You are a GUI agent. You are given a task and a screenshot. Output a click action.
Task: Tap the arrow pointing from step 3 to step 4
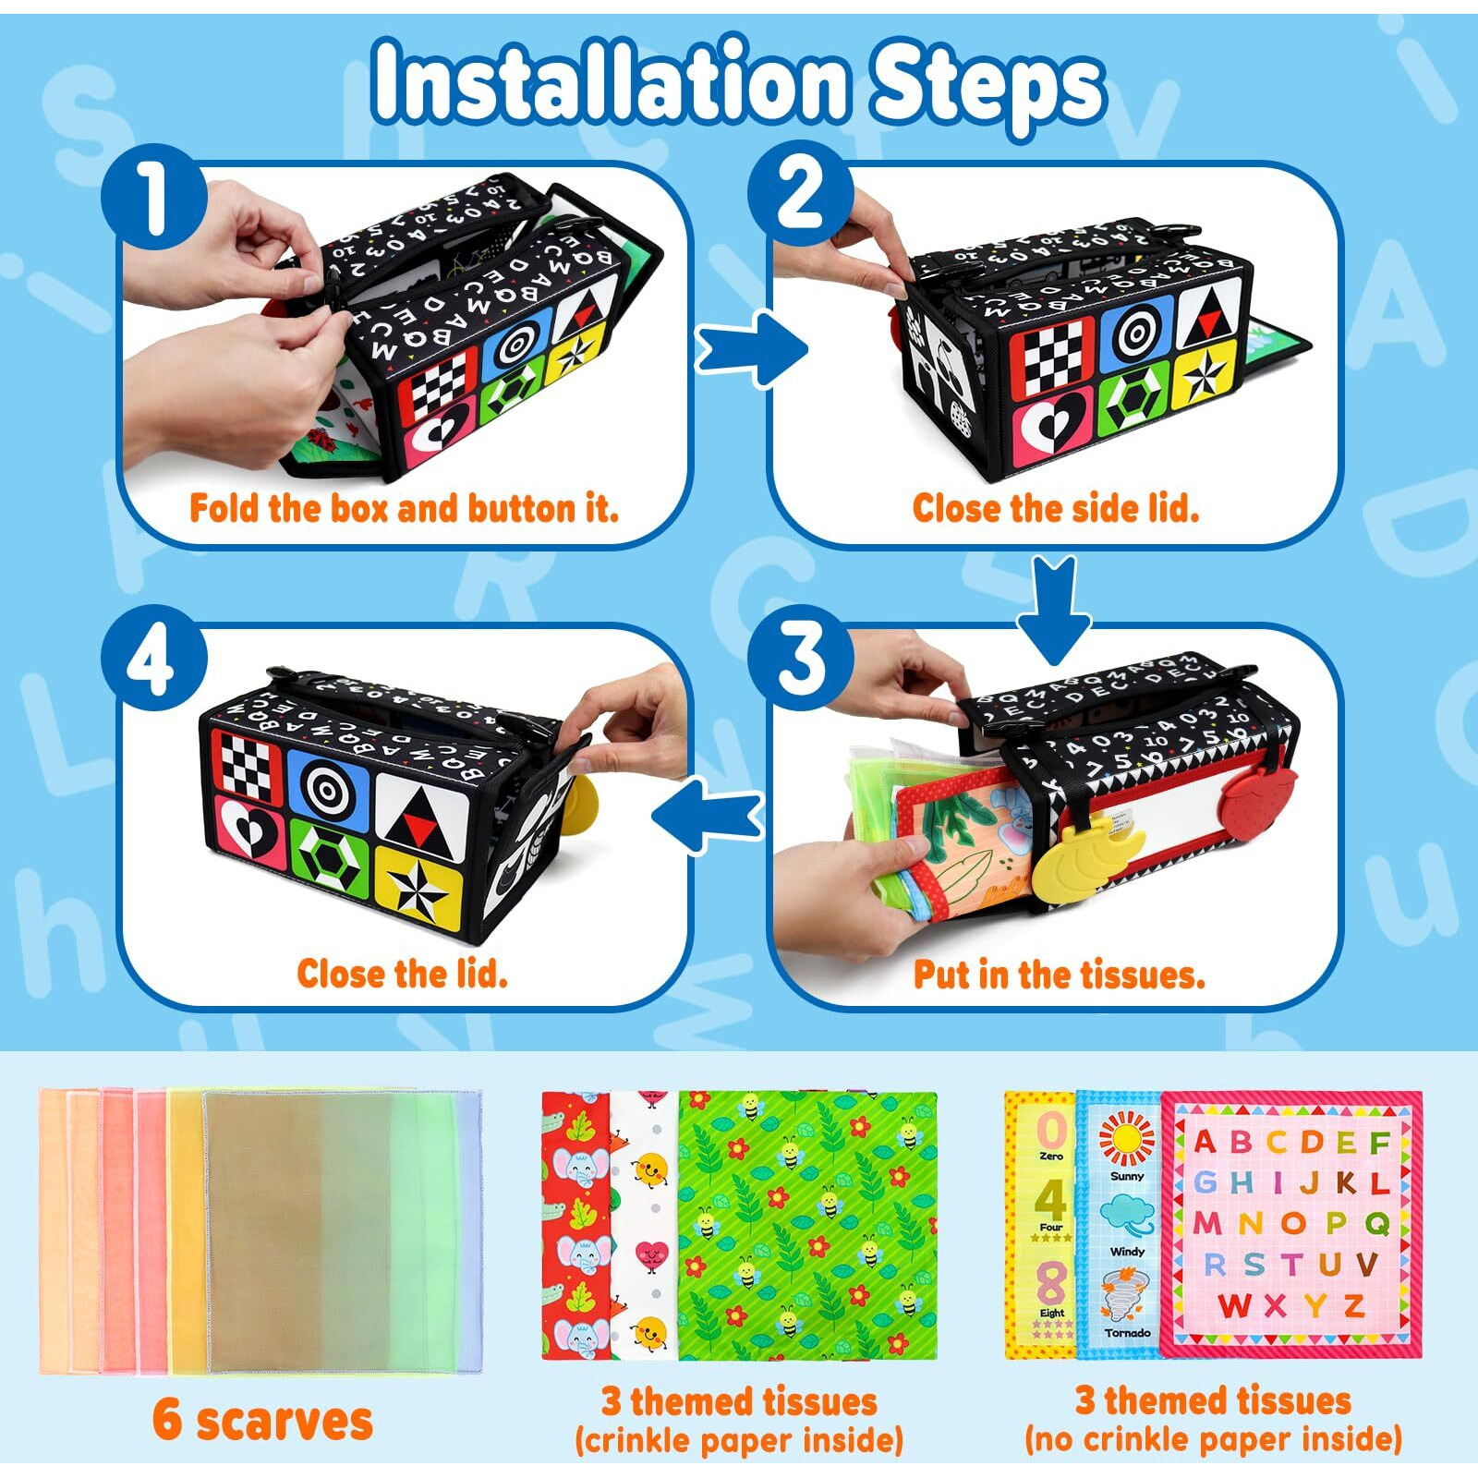click(708, 814)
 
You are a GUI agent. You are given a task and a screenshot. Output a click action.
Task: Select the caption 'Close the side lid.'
click(1055, 508)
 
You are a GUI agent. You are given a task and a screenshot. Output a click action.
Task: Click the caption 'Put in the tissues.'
click(1059, 975)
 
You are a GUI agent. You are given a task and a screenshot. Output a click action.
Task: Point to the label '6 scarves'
click(262, 1420)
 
